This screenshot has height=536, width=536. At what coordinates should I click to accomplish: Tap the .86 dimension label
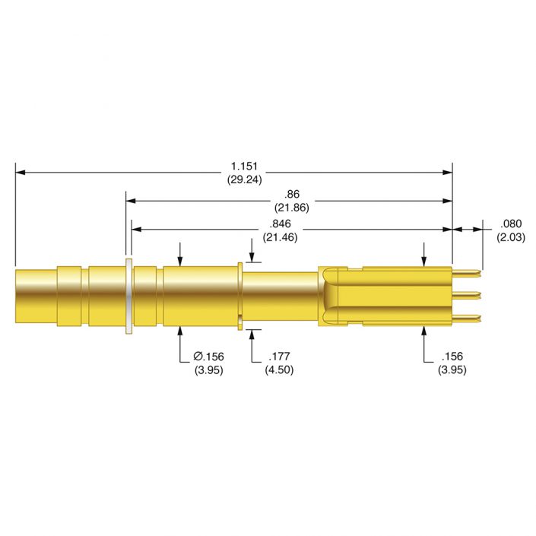[290, 194]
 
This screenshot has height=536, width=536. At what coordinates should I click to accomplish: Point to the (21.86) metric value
[290, 208]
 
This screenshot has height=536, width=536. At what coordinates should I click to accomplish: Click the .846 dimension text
[279, 224]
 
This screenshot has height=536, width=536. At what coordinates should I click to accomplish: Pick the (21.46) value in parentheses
[279, 237]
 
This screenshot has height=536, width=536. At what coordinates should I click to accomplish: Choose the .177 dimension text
[278, 356]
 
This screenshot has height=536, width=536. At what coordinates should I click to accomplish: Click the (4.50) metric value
[278, 369]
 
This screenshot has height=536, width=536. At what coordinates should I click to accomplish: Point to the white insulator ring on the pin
[129, 296]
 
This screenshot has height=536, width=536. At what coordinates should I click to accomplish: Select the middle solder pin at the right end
[468, 294]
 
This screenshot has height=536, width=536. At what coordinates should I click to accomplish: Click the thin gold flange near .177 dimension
[240, 295]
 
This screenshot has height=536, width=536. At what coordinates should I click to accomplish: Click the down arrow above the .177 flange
[251, 257]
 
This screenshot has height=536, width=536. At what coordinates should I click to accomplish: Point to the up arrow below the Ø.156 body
[180, 331]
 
